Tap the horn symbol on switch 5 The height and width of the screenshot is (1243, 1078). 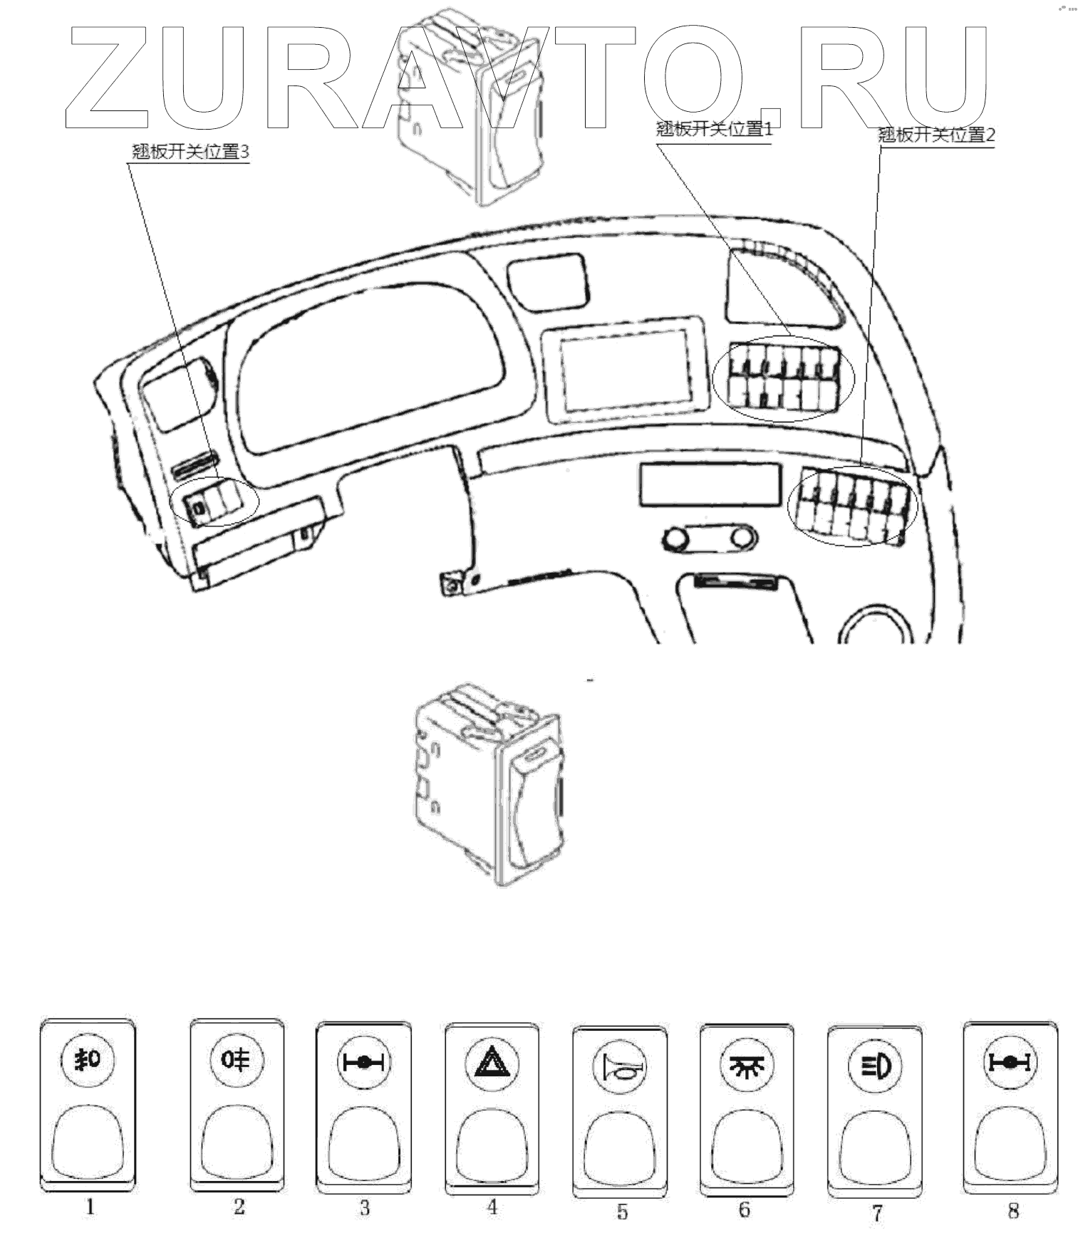[x=620, y=1067]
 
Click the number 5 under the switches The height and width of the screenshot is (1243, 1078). [x=622, y=1212]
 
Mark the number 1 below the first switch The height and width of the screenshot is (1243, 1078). [x=90, y=1207]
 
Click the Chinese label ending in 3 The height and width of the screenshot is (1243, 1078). [x=190, y=152]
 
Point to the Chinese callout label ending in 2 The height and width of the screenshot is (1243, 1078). [x=936, y=135]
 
